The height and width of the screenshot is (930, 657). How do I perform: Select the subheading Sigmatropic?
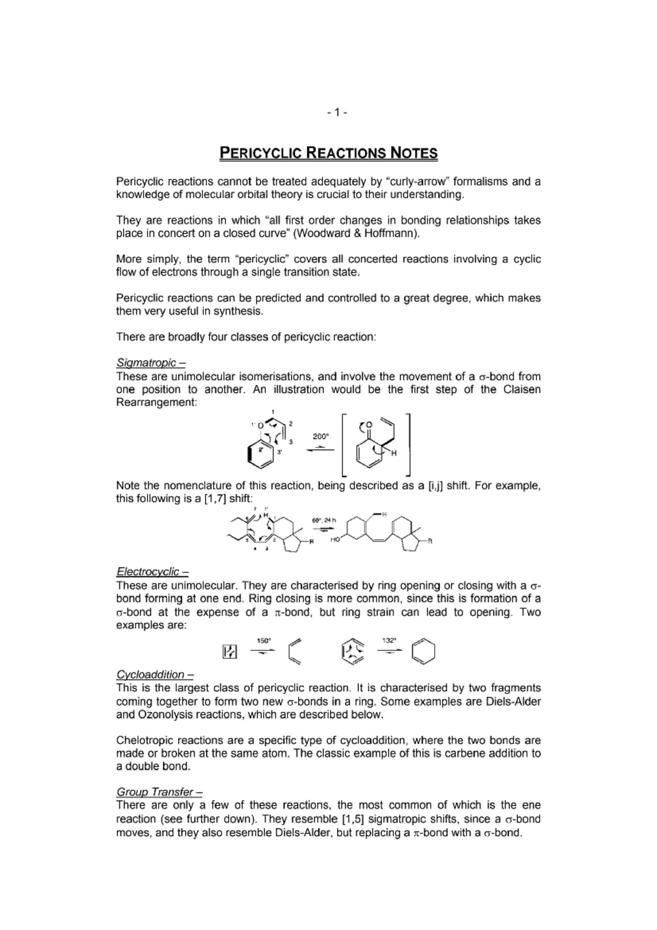(147, 363)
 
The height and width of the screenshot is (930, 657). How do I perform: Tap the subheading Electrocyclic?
(148, 572)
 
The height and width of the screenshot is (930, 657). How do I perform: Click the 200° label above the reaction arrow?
(321, 437)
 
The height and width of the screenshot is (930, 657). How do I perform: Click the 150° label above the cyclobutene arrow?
(264, 640)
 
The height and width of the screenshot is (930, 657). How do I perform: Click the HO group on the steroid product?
(336, 539)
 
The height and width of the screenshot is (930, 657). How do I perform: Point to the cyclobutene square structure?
(230, 652)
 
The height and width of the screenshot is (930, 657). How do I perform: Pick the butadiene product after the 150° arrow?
(295, 651)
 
